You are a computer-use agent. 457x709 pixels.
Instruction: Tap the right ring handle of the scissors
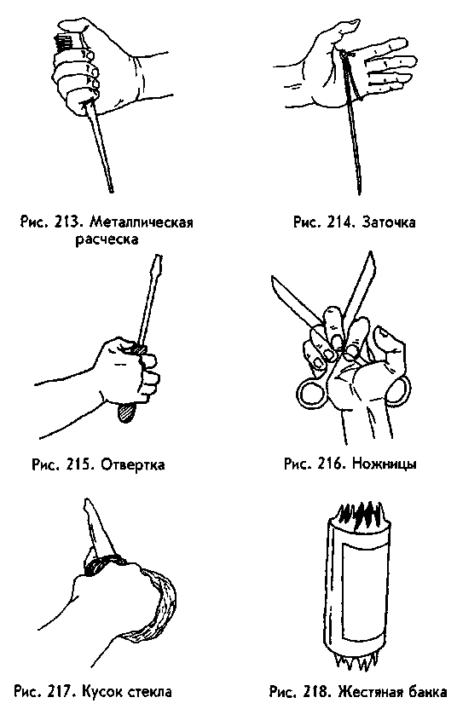pos(398,390)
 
